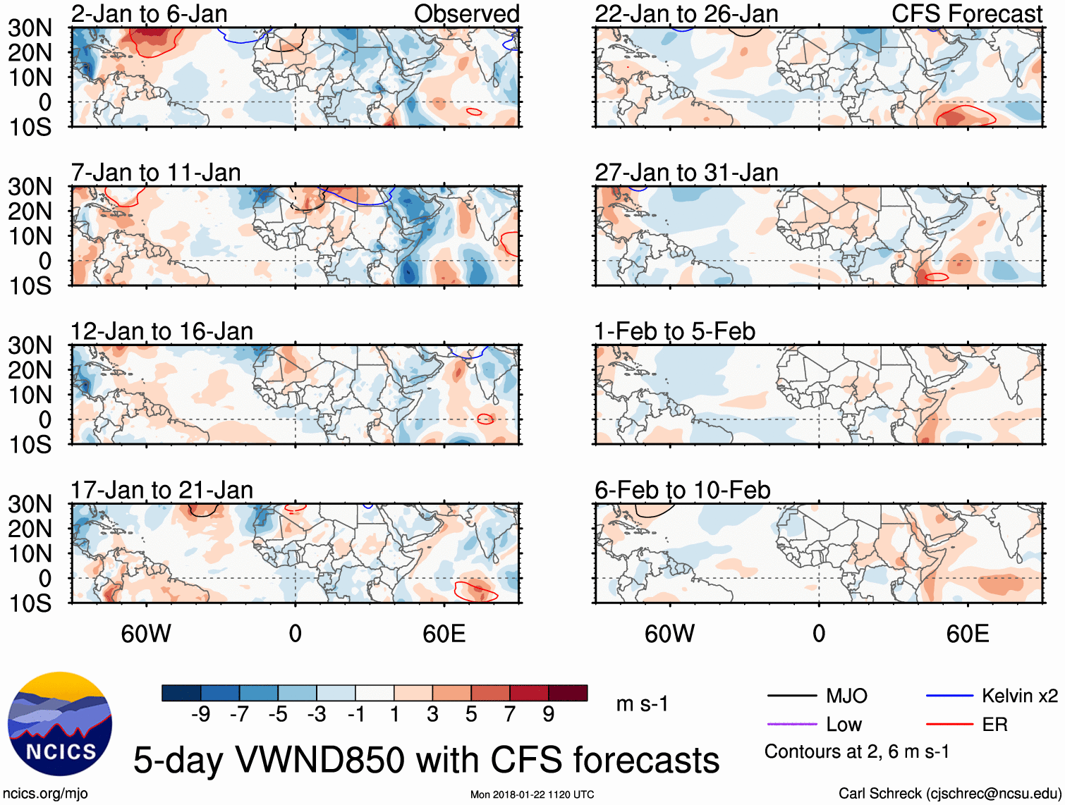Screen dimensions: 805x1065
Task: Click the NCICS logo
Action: click(60, 725)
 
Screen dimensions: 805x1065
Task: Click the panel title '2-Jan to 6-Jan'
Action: click(150, 13)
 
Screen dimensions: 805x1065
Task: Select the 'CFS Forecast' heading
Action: click(966, 13)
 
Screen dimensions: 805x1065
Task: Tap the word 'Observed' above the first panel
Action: click(466, 13)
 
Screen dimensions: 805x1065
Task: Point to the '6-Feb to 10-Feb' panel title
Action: click(682, 490)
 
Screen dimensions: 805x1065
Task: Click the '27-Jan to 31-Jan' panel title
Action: click(686, 173)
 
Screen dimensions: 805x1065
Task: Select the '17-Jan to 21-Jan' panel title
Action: click(162, 490)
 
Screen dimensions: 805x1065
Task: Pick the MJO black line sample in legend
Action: click(791, 696)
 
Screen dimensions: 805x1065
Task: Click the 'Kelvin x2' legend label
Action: click(1019, 696)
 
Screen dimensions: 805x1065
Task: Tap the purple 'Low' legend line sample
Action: click(791, 725)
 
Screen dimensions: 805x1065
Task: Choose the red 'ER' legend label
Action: click(994, 725)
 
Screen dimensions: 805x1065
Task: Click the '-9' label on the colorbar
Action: click(200, 715)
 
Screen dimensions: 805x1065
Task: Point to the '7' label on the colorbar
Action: click(510, 715)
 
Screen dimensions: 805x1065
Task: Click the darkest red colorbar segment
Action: click(568, 693)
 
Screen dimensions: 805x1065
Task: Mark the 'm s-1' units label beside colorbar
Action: click(642, 703)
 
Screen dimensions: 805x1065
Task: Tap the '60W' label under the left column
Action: click(146, 634)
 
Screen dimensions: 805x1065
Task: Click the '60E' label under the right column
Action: click(967, 634)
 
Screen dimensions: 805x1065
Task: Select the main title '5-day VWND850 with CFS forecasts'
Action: click(426, 760)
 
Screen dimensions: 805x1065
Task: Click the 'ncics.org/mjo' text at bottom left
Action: click(45, 794)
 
